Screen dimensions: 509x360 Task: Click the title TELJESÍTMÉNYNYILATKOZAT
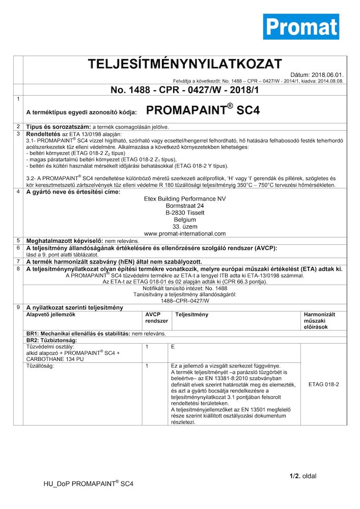(185, 64)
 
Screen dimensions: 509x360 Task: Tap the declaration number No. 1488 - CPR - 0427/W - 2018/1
(185, 90)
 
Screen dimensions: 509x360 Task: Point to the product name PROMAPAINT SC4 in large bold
(203, 110)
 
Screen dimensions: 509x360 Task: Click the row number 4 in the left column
(18, 192)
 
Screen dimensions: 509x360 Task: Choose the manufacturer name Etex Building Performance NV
(185, 199)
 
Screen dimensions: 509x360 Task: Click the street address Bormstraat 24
(185, 206)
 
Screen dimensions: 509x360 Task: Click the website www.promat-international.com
(185, 234)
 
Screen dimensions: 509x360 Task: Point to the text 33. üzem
(185, 227)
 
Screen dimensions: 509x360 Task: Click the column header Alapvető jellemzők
(50, 315)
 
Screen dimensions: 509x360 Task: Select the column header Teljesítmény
(192, 315)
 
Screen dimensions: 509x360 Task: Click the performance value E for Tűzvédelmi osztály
(173, 347)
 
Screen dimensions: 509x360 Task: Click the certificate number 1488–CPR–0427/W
(185, 301)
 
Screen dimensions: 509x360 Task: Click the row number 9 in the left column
(18, 307)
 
